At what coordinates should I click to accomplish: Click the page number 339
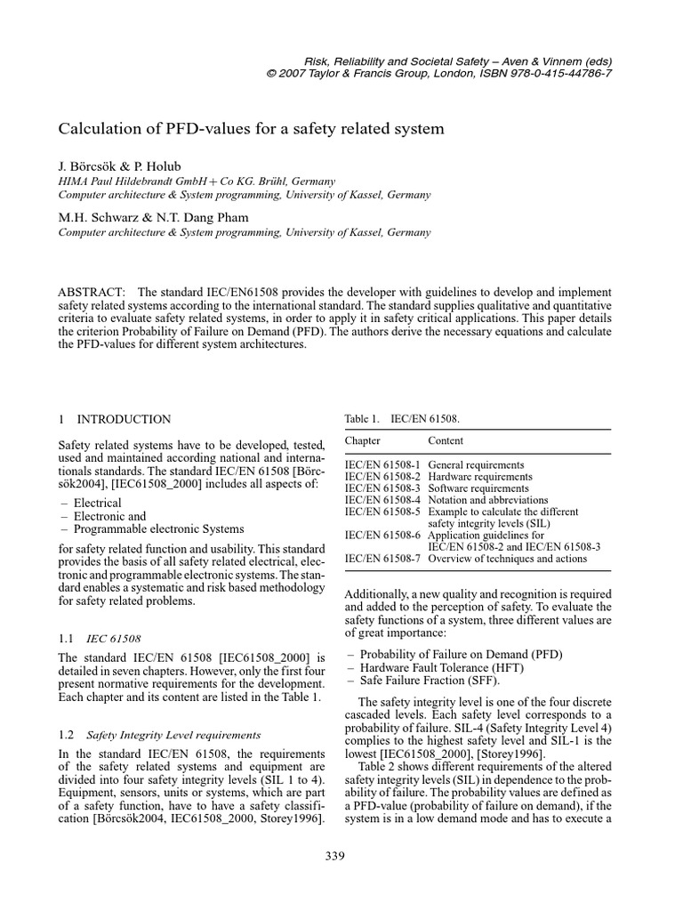tap(334, 857)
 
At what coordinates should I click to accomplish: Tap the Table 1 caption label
tap(362, 418)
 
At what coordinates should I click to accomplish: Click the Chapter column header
tap(362, 440)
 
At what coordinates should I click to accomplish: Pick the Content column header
tap(446, 440)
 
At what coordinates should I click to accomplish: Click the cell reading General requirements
tap(476, 464)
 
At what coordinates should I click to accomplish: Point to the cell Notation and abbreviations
tap(488, 500)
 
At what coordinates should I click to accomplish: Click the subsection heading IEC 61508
tap(113, 638)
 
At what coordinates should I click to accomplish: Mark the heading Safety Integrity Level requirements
tap(173, 735)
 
